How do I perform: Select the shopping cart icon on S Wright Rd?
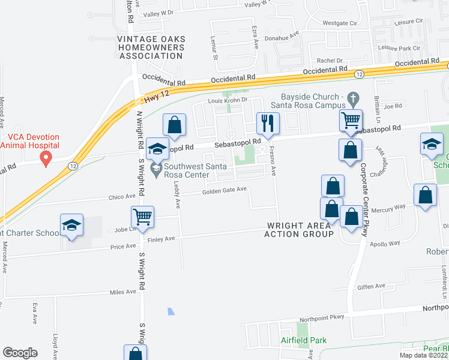click(142, 216)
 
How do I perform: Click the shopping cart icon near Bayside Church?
click(350, 120)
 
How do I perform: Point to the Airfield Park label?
click(303, 340)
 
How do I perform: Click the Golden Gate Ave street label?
click(224, 190)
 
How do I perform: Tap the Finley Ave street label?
click(161, 239)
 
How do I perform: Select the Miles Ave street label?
click(122, 292)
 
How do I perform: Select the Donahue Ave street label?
click(285, 36)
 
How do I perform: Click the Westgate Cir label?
click(340, 23)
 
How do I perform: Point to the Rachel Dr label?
click(330, 61)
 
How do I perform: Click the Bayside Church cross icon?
click(354, 98)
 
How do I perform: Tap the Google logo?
click(20, 352)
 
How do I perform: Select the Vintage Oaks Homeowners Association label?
click(151, 47)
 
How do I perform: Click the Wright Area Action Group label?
click(298, 230)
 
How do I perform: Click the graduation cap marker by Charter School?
click(71, 225)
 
